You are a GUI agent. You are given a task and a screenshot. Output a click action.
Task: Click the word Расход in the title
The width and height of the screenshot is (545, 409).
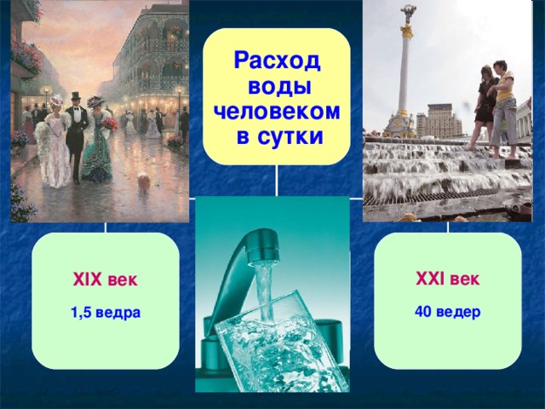point(277,61)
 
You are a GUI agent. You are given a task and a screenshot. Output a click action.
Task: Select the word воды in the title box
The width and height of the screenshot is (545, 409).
point(277,86)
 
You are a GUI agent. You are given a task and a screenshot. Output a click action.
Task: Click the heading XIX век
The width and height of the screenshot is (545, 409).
point(106,281)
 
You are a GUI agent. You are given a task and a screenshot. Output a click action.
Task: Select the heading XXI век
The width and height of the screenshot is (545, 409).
point(448,279)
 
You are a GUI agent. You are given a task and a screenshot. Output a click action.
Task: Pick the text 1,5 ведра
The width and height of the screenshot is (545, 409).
point(106,314)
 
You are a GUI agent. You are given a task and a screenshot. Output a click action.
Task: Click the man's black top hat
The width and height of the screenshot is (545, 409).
point(76,96)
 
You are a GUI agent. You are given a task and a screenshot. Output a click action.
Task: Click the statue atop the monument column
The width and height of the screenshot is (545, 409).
point(410,12)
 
